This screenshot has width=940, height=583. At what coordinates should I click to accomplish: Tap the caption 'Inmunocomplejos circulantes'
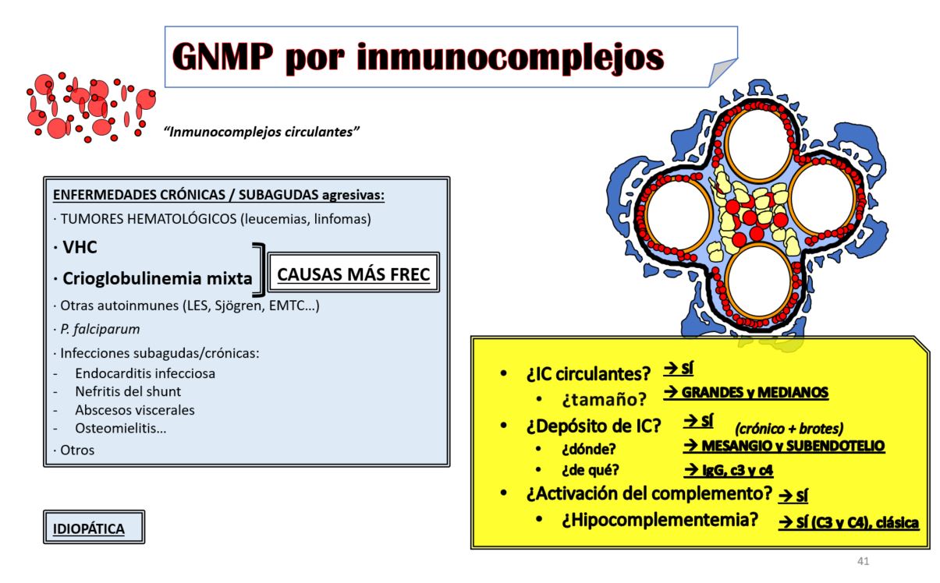click(x=261, y=132)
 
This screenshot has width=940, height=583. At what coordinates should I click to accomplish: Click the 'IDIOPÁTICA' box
click(x=94, y=528)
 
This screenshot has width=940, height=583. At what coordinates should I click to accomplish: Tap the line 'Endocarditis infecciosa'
click(x=145, y=373)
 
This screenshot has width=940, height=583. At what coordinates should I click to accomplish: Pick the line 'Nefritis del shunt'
click(x=128, y=391)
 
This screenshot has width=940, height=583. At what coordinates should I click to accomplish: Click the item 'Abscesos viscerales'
click(x=135, y=410)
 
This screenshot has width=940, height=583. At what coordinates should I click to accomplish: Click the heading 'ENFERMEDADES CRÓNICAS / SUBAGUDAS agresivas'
click(x=218, y=195)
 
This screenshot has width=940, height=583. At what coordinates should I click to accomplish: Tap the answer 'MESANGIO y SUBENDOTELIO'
click(x=783, y=446)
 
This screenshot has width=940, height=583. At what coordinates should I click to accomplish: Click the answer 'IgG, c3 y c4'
click(x=728, y=470)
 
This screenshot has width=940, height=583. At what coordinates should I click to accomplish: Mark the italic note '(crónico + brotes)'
click(x=789, y=429)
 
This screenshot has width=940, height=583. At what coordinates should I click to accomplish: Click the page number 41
click(x=863, y=561)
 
